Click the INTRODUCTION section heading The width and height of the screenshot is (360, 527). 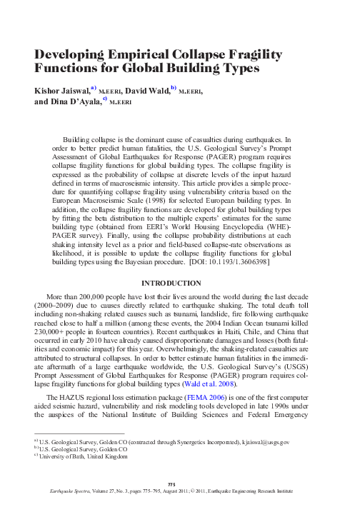click(179, 263)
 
